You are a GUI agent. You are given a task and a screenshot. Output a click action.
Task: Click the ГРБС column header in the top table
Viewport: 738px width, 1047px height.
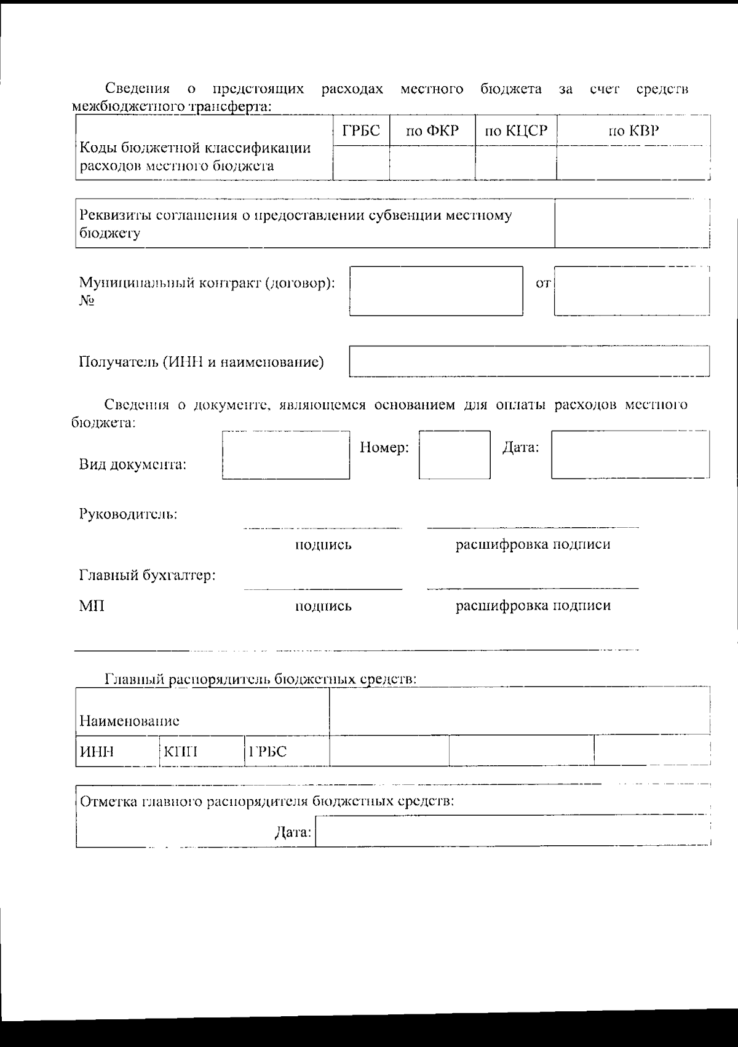[x=361, y=130]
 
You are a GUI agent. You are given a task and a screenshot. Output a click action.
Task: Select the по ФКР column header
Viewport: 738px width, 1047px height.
[x=432, y=130]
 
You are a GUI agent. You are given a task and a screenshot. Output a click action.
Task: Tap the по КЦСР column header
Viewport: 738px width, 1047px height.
[x=516, y=130]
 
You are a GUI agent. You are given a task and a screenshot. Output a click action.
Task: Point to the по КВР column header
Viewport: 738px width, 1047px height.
[x=633, y=130]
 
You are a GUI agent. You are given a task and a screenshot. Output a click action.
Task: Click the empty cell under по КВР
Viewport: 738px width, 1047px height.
[x=633, y=162]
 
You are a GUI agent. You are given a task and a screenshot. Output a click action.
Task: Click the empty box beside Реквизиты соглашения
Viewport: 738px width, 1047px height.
[x=632, y=224]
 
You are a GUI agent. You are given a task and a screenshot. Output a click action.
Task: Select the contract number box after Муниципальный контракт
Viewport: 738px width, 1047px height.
[x=436, y=291]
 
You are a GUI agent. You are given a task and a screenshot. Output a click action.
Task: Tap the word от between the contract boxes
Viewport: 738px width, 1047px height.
[x=543, y=284]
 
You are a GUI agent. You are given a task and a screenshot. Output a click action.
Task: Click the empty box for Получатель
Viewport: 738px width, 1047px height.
[x=529, y=361]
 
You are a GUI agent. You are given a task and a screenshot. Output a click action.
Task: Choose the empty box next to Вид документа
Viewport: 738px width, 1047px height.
[x=286, y=455]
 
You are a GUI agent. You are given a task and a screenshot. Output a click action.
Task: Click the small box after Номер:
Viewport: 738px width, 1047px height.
[x=454, y=455]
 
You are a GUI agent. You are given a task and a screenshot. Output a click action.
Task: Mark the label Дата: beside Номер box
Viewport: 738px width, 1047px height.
[x=520, y=448]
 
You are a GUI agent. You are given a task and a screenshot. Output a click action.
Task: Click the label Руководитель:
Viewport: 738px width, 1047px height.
[x=128, y=514]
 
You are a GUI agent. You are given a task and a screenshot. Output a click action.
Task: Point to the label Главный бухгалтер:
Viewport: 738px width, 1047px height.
[x=147, y=576]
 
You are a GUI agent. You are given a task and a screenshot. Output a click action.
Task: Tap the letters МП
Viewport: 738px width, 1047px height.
[x=92, y=606]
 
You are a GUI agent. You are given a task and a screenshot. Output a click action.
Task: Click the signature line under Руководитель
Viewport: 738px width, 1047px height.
[x=323, y=527]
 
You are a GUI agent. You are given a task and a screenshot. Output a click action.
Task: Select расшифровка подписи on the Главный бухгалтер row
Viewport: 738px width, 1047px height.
[x=533, y=605]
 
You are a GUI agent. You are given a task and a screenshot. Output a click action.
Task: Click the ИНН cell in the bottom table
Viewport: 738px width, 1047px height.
[x=97, y=752]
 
